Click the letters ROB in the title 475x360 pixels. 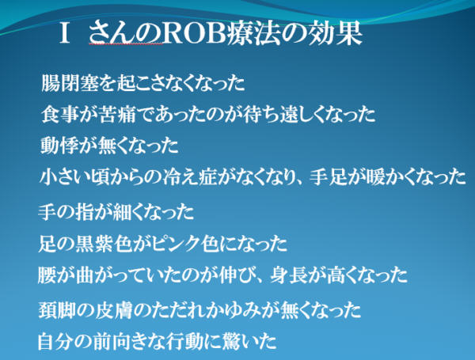coord(195,34)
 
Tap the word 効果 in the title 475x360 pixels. coord(333,34)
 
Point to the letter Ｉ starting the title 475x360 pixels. coord(65,34)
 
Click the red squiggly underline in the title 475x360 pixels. coord(125,44)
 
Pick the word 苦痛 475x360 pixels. coord(117,114)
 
